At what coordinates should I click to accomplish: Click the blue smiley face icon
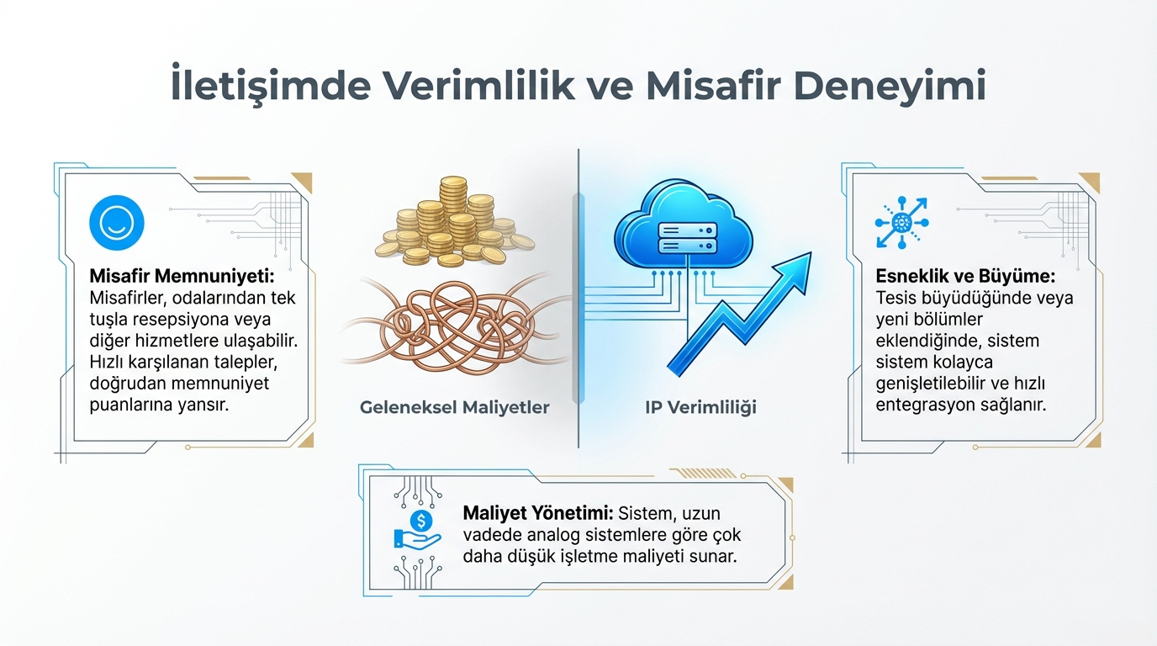tap(117, 223)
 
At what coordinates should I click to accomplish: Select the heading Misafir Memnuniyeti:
tap(182, 276)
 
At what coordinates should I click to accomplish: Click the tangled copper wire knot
tap(455, 326)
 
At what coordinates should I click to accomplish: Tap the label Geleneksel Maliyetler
tap(455, 407)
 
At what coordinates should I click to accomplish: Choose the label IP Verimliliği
tap(700, 407)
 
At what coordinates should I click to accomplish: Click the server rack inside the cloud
tap(688, 238)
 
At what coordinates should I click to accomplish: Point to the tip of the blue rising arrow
tap(811, 253)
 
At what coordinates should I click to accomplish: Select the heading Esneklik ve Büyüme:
tap(965, 276)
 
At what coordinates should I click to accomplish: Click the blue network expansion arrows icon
tap(902, 223)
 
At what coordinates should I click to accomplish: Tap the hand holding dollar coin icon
tap(417, 530)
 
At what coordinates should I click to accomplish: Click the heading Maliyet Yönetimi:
tap(537, 514)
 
